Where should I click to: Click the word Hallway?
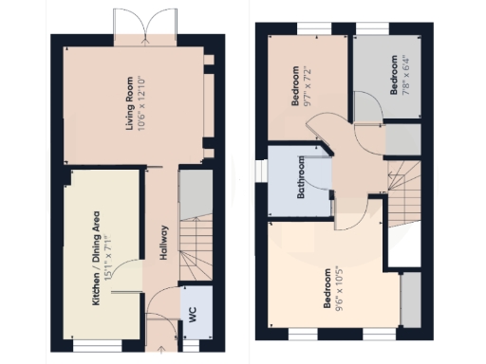(163, 243)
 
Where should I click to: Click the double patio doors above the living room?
(144, 25)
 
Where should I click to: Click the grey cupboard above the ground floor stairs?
(194, 193)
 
